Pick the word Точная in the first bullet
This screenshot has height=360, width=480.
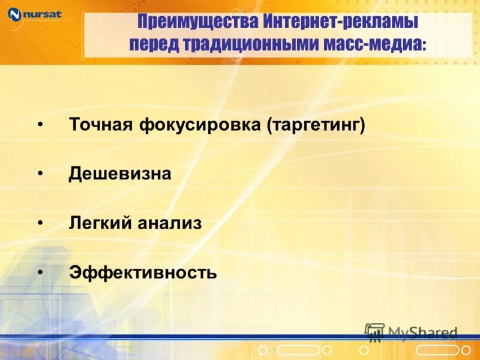[101, 125]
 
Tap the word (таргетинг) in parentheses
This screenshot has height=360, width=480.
[317, 125]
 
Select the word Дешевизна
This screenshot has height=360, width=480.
[120, 174]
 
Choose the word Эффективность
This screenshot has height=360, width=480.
[143, 273]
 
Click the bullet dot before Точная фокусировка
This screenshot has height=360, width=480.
[40, 124]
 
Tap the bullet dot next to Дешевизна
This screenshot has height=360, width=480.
[40, 173]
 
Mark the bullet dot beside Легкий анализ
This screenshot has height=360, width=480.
[40, 223]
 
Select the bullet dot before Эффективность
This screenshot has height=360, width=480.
[40, 272]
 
